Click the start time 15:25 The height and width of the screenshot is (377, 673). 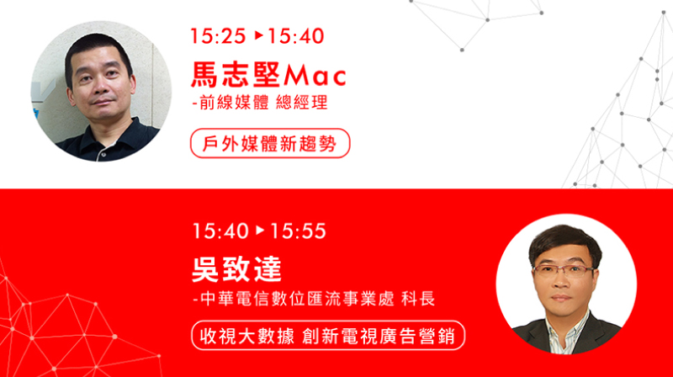pyautogui.click(x=218, y=36)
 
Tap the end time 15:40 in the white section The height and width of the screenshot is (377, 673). pyautogui.click(x=296, y=36)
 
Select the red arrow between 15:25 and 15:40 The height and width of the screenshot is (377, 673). pyautogui.click(x=258, y=35)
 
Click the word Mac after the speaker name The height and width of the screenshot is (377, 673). pyautogui.click(x=315, y=76)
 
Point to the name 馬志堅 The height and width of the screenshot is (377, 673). pyautogui.click(x=236, y=75)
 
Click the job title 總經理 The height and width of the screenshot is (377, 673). pyautogui.click(x=302, y=103)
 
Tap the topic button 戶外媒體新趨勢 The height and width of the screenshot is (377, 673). pyautogui.click(x=270, y=143)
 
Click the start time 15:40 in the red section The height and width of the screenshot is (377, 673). pyautogui.click(x=220, y=231)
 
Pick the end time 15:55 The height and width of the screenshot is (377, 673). pyautogui.click(x=298, y=231)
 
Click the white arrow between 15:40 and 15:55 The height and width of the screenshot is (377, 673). pyautogui.click(x=260, y=231)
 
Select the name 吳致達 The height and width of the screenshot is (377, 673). pyautogui.click(x=236, y=269)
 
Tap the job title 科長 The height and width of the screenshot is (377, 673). pyautogui.click(x=418, y=299)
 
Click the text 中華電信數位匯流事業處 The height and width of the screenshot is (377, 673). pyautogui.click(x=297, y=299)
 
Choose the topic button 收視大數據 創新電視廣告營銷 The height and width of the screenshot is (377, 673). pyautogui.click(x=328, y=336)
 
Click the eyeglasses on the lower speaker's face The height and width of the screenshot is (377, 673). pyautogui.click(x=563, y=270)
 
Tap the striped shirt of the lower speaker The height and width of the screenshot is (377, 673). pyautogui.click(x=565, y=335)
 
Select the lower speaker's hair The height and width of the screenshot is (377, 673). pyautogui.click(x=564, y=242)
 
